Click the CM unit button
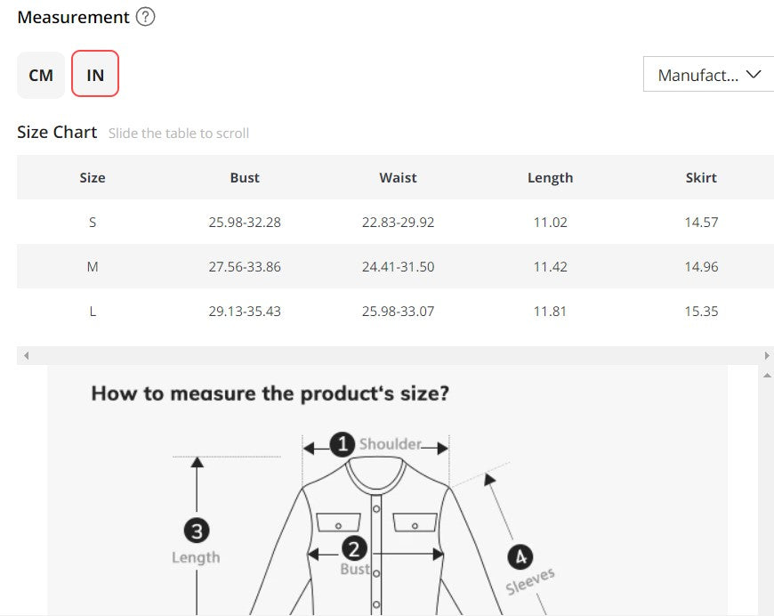(41, 75)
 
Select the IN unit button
(95, 74)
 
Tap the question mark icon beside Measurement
(145, 17)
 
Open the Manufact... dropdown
(708, 74)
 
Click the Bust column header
(245, 177)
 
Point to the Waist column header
(398, 177)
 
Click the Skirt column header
(701, 177)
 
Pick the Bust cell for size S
(245, 223)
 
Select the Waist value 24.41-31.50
(398, 267)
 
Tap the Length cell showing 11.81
(550, 312)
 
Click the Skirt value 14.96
(701, 267)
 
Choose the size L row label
(93, 312)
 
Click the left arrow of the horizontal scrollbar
(26, 356)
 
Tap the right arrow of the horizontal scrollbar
(767, 356)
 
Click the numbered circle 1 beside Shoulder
(343, 444)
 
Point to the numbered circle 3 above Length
(197, 531)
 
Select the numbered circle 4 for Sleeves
(520, 557)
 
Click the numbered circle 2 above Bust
(354, 549)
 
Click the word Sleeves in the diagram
(530, 581)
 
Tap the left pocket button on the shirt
(338, 526)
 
